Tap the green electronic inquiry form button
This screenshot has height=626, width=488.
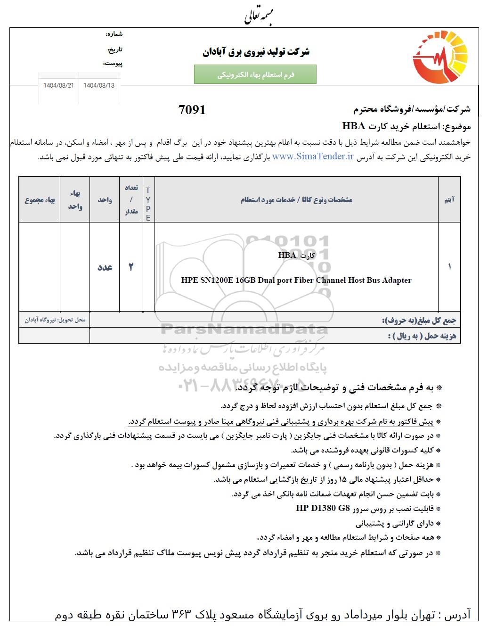(255, 75)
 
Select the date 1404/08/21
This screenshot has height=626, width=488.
(59, 86)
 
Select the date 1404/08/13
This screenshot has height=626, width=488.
(99, 86)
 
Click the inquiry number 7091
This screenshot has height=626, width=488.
(192, 110)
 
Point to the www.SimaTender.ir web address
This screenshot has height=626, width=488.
(313, 157)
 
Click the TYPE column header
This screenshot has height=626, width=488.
(148, 204)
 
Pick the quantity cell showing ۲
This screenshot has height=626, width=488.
(131, 267)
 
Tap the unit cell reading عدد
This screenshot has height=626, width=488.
(105, 267)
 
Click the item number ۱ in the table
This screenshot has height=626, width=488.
(449, 267)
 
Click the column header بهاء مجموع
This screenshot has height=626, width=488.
(40, 200)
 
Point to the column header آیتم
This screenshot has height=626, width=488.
(449, 200)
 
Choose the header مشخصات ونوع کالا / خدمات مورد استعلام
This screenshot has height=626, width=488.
(296, 200)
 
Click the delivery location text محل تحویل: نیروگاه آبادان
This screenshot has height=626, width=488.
(55, 320)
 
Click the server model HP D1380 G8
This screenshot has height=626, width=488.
(323, 508)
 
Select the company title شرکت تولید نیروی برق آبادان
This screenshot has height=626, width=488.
(256, 52)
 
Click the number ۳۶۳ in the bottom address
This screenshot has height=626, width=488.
(180, 615)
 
